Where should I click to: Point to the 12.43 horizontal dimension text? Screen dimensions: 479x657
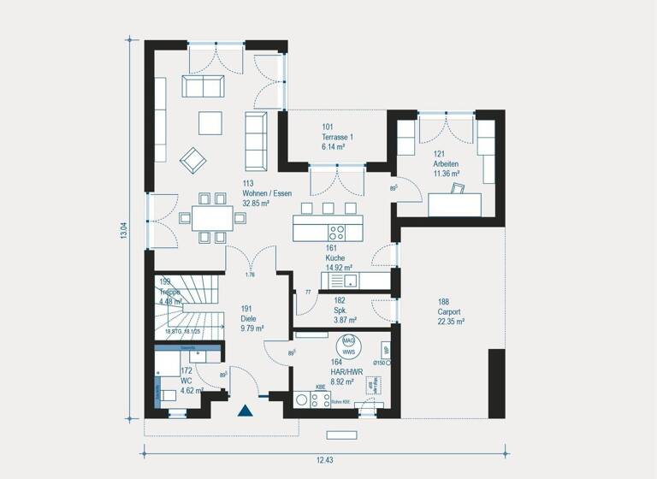[x=324, y=460]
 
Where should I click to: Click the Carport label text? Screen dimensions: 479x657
[x=450, y=311]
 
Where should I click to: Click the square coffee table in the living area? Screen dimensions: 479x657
[x=210, y=123]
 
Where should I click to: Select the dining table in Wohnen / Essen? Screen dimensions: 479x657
[x=205, y=218]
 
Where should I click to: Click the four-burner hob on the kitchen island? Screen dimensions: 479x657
[x=338, y=230]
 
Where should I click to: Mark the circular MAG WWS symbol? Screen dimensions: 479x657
[x=347, y=345]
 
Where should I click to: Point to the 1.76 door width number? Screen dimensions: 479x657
[x=251, y=275]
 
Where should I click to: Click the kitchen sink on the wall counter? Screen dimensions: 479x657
[x=335, y=280]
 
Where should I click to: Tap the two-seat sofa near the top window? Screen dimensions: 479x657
[x=203, y=86]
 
